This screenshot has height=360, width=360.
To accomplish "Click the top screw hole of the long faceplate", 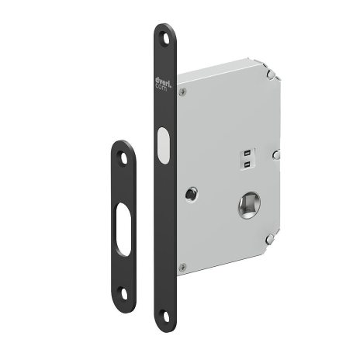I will coord(164,35).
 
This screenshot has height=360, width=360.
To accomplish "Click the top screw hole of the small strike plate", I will coord(122,155).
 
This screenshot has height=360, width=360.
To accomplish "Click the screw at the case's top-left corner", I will coord(183,91).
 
